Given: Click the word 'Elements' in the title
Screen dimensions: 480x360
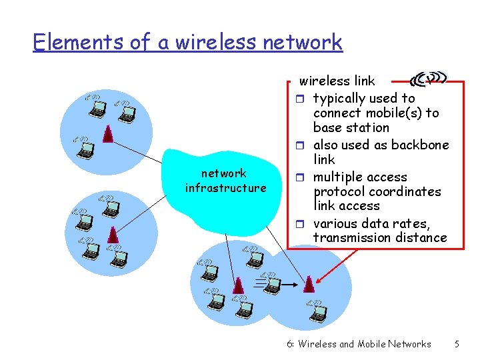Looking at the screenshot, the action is (78, 42).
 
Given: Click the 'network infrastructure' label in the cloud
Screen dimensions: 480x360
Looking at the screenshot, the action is (225, 181).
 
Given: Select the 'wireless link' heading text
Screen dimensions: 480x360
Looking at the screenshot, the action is (337, 81).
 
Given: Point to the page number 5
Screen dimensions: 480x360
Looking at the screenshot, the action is (457, 344).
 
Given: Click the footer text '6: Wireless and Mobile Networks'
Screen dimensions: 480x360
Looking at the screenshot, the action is (359, 344).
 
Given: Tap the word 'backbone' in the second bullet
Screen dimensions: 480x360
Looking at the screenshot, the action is (420, 145).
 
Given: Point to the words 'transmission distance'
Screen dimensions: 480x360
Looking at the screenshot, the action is (380, 237).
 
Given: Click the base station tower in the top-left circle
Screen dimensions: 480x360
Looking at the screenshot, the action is (108, 133).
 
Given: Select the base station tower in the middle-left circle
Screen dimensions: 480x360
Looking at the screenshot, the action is (113, 234).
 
